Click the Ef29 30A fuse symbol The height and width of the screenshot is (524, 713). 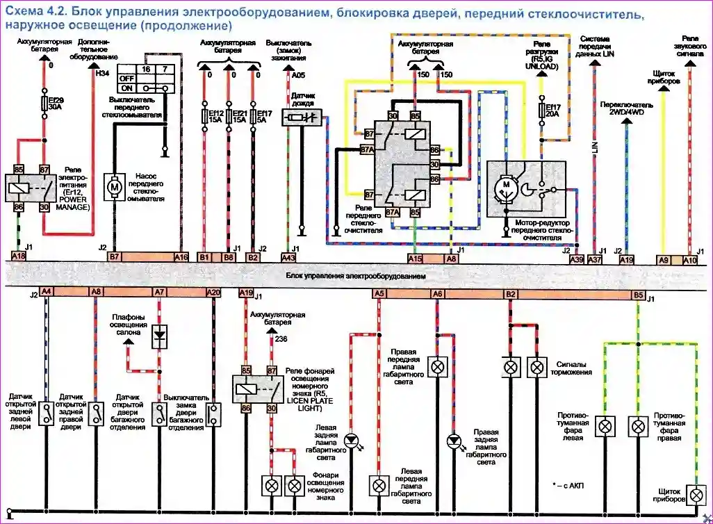pyautogui.click(x=44, y=104)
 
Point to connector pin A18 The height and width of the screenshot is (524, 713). pyautogui.click(x=19, y=256)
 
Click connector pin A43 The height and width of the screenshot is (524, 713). pyautogui.click(x=288, y=257)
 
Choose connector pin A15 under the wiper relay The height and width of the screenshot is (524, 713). pyautogui.click(x=415, y=258)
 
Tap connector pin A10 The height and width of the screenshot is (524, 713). pyautogui.click(x=689, y=259)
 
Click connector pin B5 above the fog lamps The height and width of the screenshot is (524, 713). pyautogui.click(x=637, y=295)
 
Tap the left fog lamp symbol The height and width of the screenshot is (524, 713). pyautogui.click(x=605, y=425)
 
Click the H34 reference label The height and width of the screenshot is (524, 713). pyautogui.click(x=103, y=74)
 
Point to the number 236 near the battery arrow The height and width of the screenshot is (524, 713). pyautogui.click(x=281, y=338)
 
